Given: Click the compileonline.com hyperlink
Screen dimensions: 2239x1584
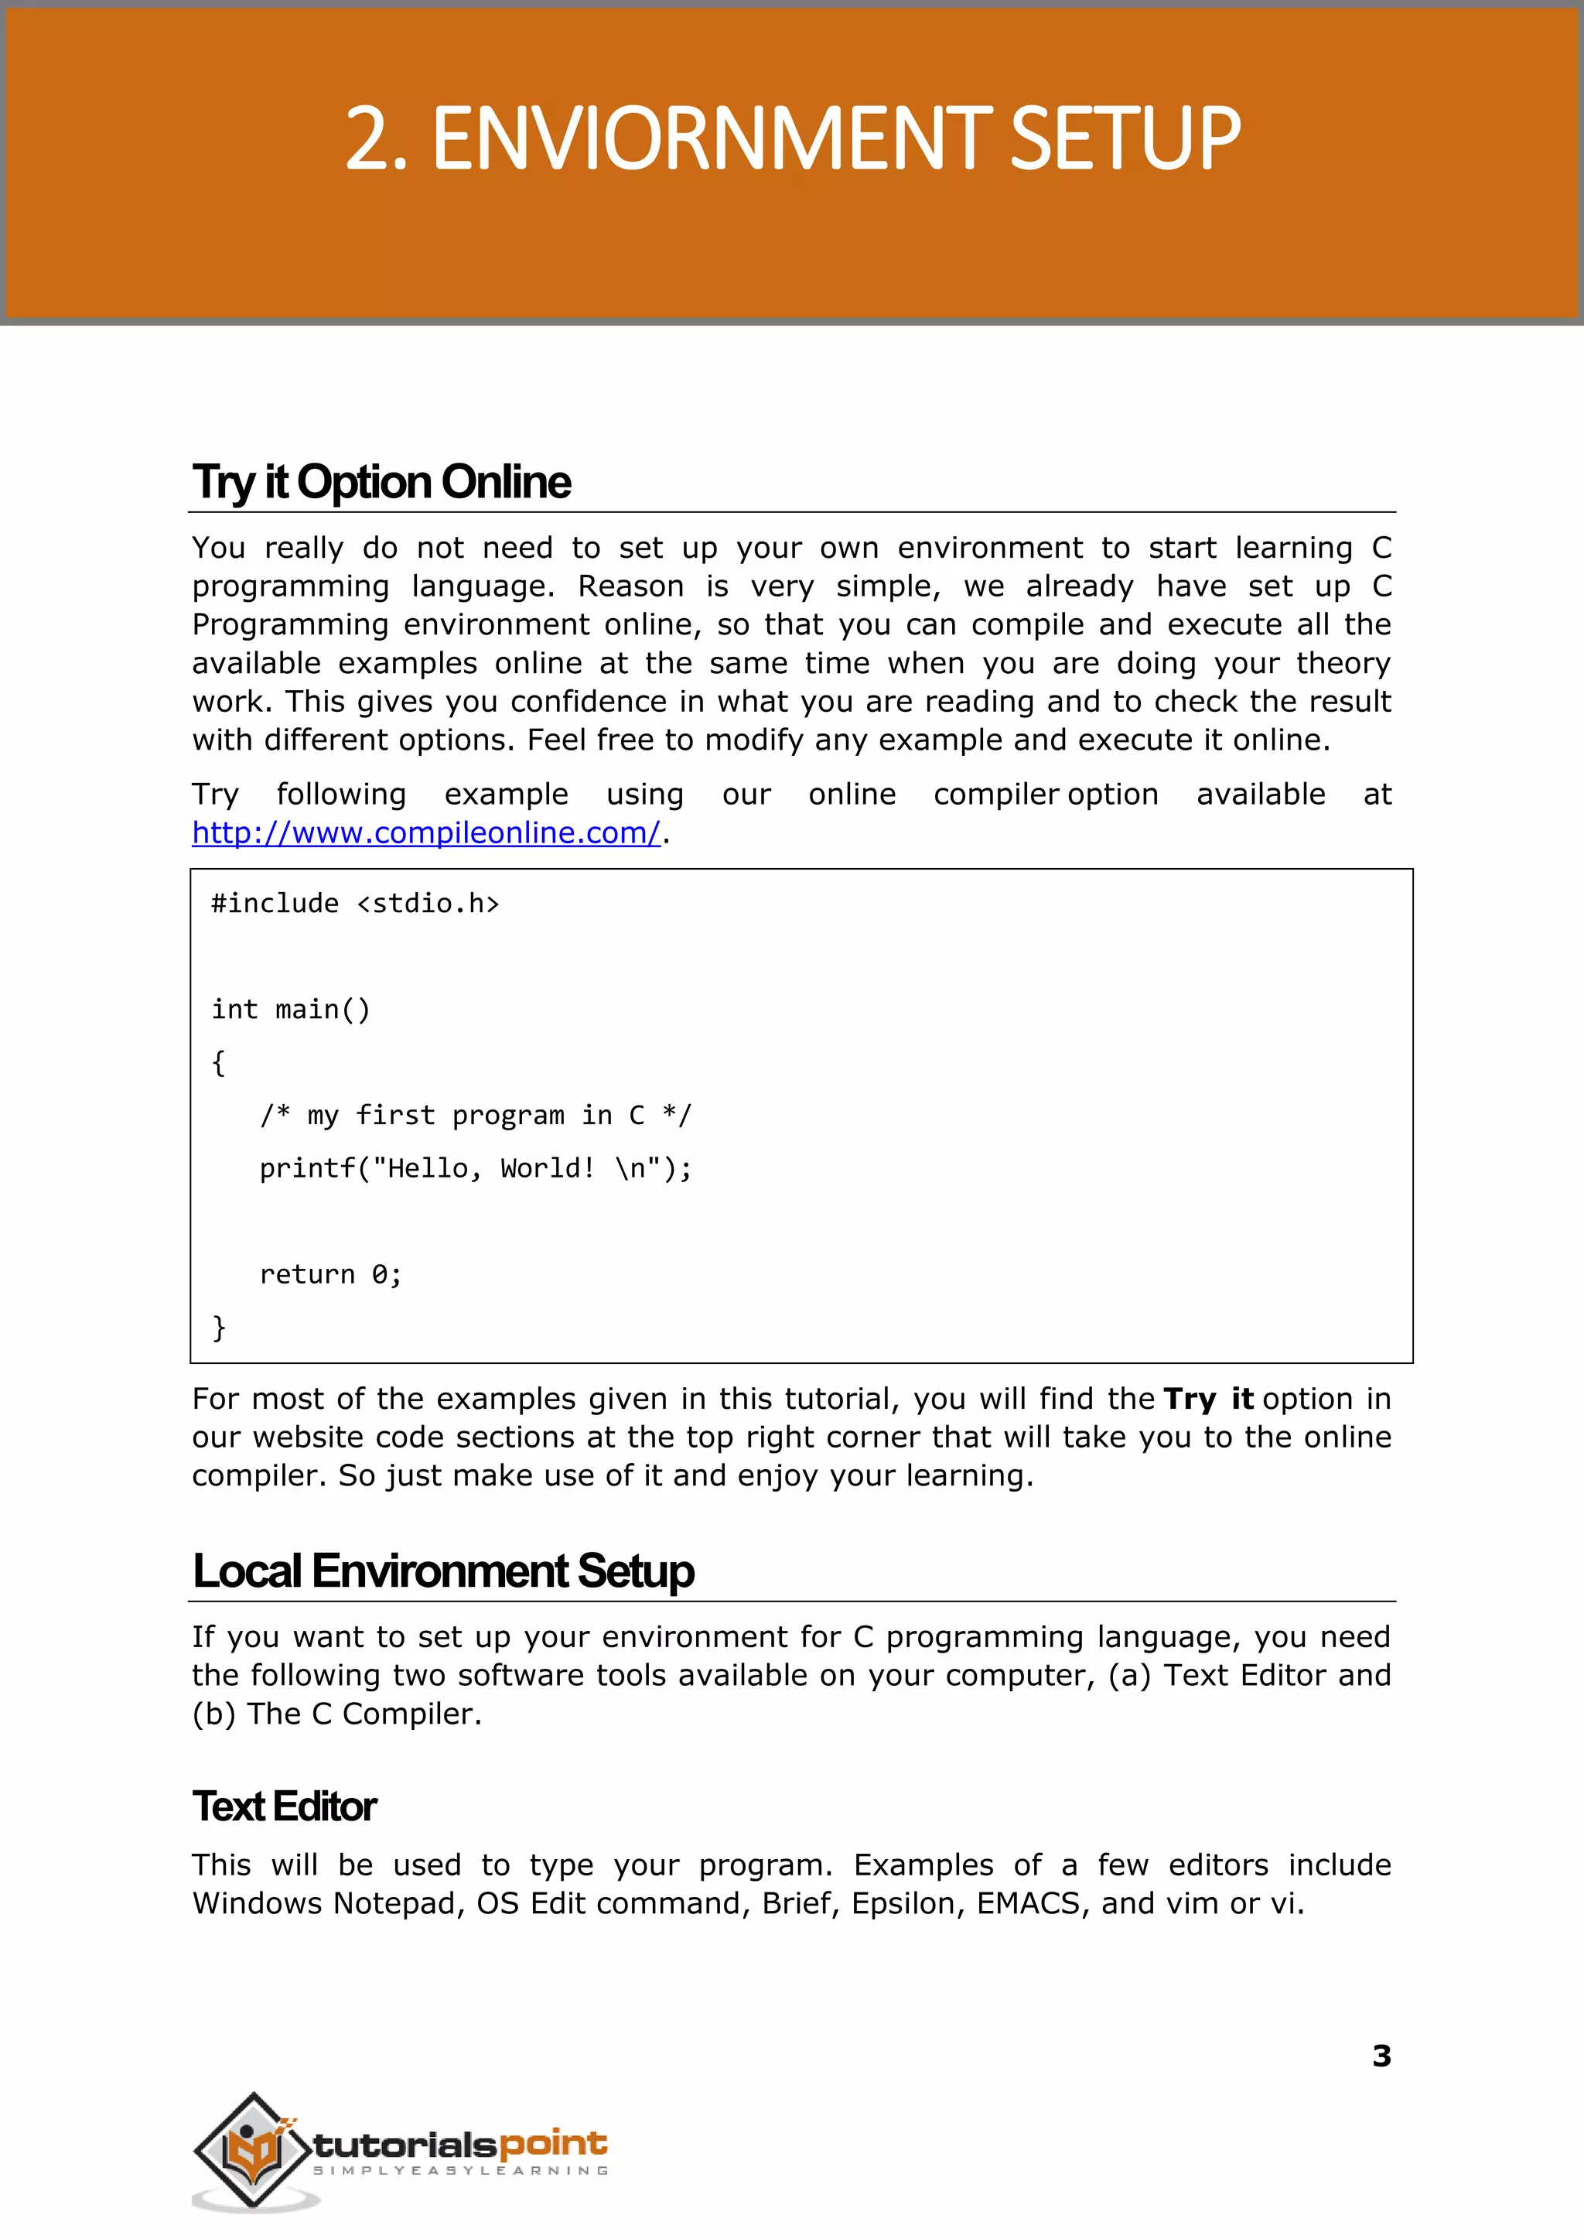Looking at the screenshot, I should pos(425,832).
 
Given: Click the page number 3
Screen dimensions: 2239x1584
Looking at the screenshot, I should pos(1381,2056).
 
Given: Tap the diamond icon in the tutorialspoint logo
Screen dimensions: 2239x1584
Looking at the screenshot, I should pos(251,2148).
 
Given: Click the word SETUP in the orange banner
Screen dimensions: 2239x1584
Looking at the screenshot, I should pos(1125,139).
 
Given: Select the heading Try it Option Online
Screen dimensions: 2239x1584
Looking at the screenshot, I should pos(381,482).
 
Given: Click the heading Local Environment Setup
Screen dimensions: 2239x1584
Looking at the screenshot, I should pos(443,1571).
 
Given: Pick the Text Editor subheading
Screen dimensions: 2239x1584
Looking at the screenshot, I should pos(284,1806).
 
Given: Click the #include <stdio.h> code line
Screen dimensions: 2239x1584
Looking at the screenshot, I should pos(355,904).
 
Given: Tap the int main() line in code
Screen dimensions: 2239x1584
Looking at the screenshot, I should pos(291,1009).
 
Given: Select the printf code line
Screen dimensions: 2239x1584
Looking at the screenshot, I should pos(475,1167).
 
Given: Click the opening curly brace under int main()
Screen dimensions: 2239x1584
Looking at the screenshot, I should pos(218,1062).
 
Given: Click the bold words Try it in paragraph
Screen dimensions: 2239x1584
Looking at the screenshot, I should pos(1207,1399).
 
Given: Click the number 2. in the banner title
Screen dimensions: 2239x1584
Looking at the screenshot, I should pos(374,139).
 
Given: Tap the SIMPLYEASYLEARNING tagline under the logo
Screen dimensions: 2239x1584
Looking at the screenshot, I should pos(460,2171).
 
